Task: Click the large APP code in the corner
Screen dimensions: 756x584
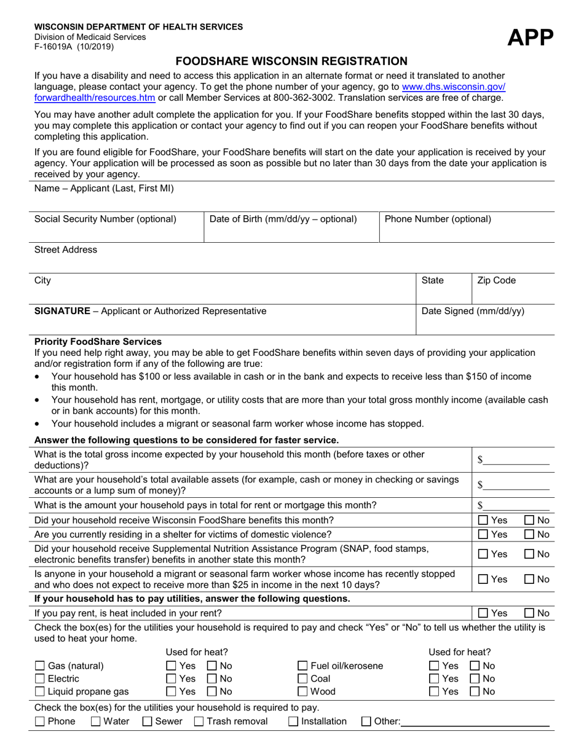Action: coord(531,37)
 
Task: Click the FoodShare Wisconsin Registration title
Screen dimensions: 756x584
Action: coord(291,61)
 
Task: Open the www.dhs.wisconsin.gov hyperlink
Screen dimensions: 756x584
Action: coord(454,87)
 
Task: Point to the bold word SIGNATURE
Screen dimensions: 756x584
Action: coord(62,311)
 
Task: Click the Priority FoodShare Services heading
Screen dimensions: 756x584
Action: coord(98,341)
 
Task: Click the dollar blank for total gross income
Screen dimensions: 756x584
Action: coord(516,460)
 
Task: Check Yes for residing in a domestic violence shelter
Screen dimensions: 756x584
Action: coord(483,535)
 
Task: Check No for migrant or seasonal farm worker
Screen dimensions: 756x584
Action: coord(529,579)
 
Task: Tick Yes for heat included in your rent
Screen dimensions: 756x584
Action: coord(483,613)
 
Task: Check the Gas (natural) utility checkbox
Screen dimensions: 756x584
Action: coord(40,666)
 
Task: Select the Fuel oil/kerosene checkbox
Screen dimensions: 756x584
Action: coord(302,666)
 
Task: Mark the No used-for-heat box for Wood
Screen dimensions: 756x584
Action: coord(475,691)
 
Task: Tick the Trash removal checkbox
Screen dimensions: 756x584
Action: coord(199,722)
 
